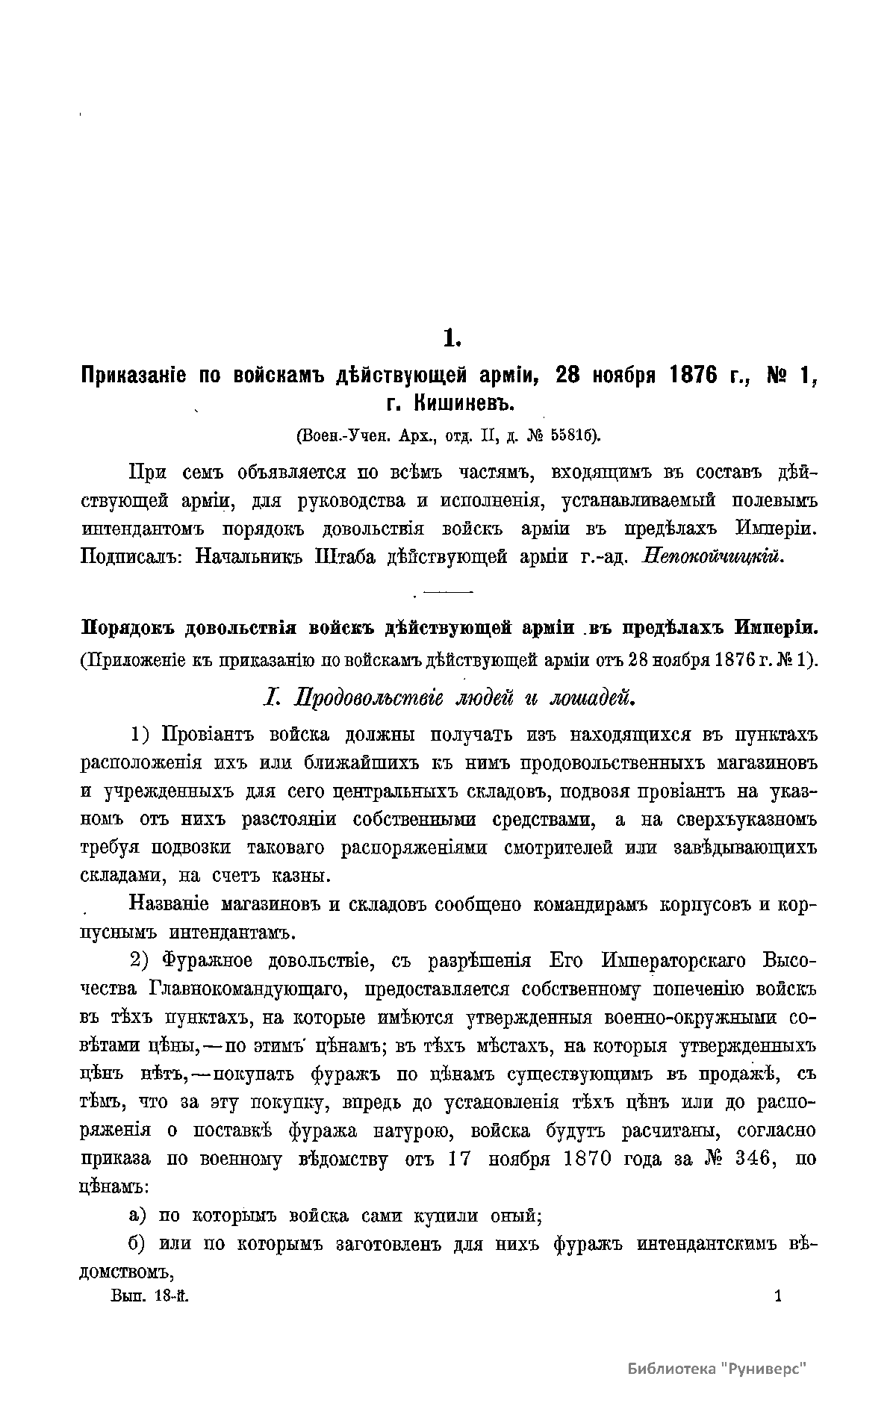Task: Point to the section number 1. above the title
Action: click(452, 338)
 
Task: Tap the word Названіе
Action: click(169, 904)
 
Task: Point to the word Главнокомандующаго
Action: click(249, 989)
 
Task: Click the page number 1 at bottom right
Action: click(777, 1298)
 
